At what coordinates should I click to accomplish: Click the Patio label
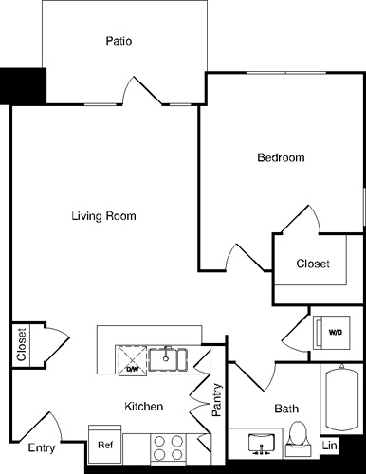pyautogui.click(x=119, y=42)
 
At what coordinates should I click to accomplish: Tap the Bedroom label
pyautogui.click(x=281, y=157)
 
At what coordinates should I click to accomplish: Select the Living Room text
pyautogui.click(x=103, y=216)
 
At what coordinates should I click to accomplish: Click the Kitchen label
pyautogui.click(x=144, y=406)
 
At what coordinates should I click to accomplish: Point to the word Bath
pyautogui.click(x=286, y=410)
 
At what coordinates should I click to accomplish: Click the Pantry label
pyautogui.click(x=217, y=398)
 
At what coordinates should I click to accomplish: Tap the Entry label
pyautogui.click(x=41, y=447)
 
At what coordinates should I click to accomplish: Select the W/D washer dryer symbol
pyautogui.click(x=335, y=333)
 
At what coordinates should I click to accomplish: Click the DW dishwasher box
pyautogui.click(x=132, y=361)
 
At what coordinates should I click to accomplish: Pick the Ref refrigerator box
pyautogui.click(x=104, y=443)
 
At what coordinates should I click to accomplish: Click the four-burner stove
pyautogui.click(x=168, y=446)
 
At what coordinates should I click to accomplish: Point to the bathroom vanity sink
pyautogui.click(x=257, y=442)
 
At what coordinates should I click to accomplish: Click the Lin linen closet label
pyautogui.click(x=330, y=446)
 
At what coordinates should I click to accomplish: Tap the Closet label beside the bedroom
pyautogui.click(x=313, y=264)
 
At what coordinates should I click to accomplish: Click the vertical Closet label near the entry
pyautogui.click(x=21, y=344)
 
